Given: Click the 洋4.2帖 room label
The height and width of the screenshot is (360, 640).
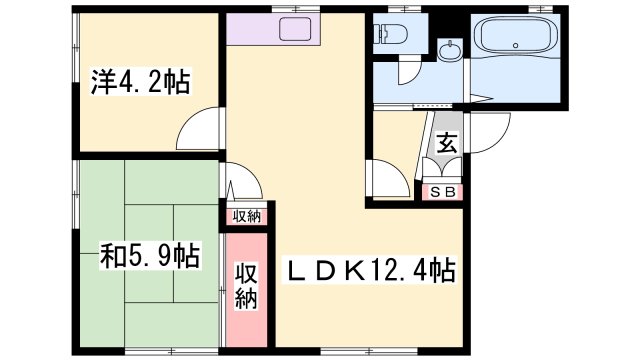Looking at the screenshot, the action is pyautogui.click(x=140, y=83).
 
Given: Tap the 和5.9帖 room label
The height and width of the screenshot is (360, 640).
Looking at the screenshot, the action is pyautogui.click(x=150, y=256).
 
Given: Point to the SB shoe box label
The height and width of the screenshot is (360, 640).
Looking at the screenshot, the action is pyautogui.click(x=443, y=192).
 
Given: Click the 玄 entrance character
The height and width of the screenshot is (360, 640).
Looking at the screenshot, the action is pyautogui.click(x=447, y=143).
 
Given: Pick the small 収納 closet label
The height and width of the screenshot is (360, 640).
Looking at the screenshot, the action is pyautogui.click(x=247, y=216).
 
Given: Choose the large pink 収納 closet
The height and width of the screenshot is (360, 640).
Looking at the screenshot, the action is pyautogui.click(x=247, y=289).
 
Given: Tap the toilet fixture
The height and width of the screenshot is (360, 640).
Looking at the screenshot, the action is pyautogui.click(x=393, y=33).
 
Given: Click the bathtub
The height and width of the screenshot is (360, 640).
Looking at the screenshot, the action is pyautogui.click(x=516, y=36).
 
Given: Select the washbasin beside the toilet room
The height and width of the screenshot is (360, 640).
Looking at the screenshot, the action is pyautogui.click(x=450, y=50).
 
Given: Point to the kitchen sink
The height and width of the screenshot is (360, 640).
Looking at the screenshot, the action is pyautogui.click(x=295, y=29).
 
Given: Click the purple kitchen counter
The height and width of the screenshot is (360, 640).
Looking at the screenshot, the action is pyautogui.click(x=273, y=29).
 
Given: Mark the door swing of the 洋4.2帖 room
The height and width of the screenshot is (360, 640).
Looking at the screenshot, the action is pyautogui.click(x=198, y=129).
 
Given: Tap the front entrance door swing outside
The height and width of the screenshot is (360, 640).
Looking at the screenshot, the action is pyautogui.click(x=489, y=133).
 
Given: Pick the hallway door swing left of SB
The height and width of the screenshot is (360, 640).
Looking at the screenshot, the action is pyautogui.click(x=389, y=179).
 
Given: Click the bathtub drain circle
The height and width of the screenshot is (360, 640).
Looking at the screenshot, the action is pyautogui.click(x=516, y=45).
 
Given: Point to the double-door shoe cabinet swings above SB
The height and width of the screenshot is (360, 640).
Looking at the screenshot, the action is pyautogui.click(x=442, y=167).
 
